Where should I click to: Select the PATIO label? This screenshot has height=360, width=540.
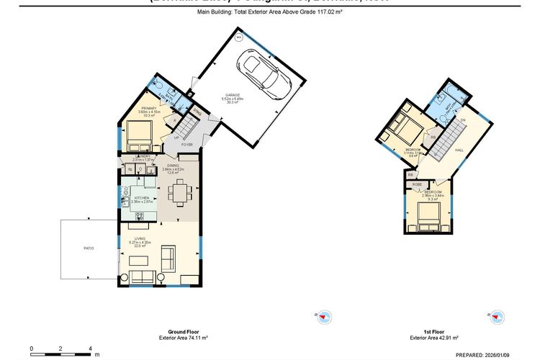pyautogui.click(x=89, y=248)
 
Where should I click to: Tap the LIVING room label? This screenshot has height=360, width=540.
pyautogui.click(x=140, y=238)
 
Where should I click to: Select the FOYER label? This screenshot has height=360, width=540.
pyautogui.click(x=187, y=145)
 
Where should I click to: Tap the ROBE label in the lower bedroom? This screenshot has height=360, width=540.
pyautogui.click(x=417, y=185)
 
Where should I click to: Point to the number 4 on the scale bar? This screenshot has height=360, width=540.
pyautogui.click(x=90, y=347)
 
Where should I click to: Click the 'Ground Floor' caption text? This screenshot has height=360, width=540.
pyautogui.click(x=183, y=332)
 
